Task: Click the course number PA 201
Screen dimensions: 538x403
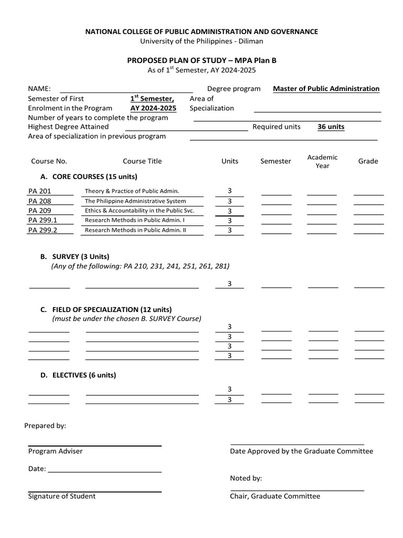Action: [x=40, y=191]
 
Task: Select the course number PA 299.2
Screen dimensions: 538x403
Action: [x=43, y=230]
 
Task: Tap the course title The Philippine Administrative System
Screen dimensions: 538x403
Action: [x=135, y=201]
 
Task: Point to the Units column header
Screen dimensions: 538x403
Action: [x=230, y=161]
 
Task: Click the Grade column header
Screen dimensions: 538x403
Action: [x=368, y=161]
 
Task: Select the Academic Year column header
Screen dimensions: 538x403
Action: [x=322, y=161]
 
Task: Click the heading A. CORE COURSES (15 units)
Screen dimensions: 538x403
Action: [x=89, y=177]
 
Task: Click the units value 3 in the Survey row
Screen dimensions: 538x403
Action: [x=229, y=284]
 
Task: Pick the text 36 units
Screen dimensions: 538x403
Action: [x=331, y=127]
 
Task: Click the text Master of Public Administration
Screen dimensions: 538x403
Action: [x=326, y=89]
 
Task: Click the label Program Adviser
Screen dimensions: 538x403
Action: [x=55, y=451]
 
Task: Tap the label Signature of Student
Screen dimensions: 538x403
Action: [x=62, y=496]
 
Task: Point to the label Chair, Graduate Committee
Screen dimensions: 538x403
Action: [x=274, y=496]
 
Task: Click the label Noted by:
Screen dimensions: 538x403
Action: [x=246, y=479]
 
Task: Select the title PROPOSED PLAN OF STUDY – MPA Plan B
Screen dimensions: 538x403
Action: [x=201, y=60]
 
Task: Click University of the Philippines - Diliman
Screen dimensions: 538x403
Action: [x=201, y=41]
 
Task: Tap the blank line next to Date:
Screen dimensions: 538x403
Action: [x=104, y=471]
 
